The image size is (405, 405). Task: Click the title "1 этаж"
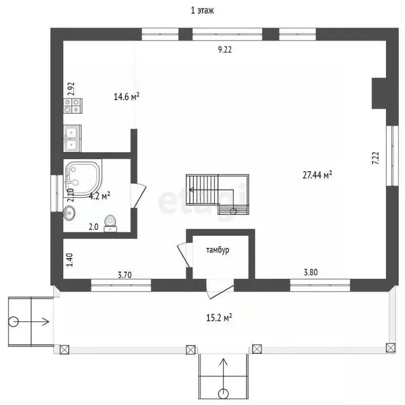[x=202, y=11]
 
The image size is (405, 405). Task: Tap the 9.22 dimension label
[x=225, y=50]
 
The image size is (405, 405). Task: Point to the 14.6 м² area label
[x=127, y=97]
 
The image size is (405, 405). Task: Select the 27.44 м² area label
[x=317, y=175]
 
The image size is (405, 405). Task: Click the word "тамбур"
[x=217, y=250]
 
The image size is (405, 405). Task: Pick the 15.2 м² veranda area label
[x=219, y=317]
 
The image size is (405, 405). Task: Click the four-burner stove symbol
[x=73, y=105]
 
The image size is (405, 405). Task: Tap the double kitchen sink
[x=72, y=139]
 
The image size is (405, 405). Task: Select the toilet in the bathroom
[x=110, y=224]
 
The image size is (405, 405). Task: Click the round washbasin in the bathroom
[x=70, y=213]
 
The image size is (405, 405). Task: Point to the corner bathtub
[x=83, y=178]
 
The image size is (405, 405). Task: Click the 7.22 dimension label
[x=375, y=158]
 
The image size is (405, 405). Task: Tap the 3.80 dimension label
[x=311, y=272]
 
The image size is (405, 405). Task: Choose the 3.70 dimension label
[x=125, y=275]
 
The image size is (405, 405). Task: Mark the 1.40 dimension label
[x=70, y=259]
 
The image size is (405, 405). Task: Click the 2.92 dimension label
[x=71, y=89]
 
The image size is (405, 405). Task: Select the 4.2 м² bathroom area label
[x=100, y=196]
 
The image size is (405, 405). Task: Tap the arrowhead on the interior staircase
[x=191, y=190]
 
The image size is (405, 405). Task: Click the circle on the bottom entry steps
[x=223, y=394]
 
